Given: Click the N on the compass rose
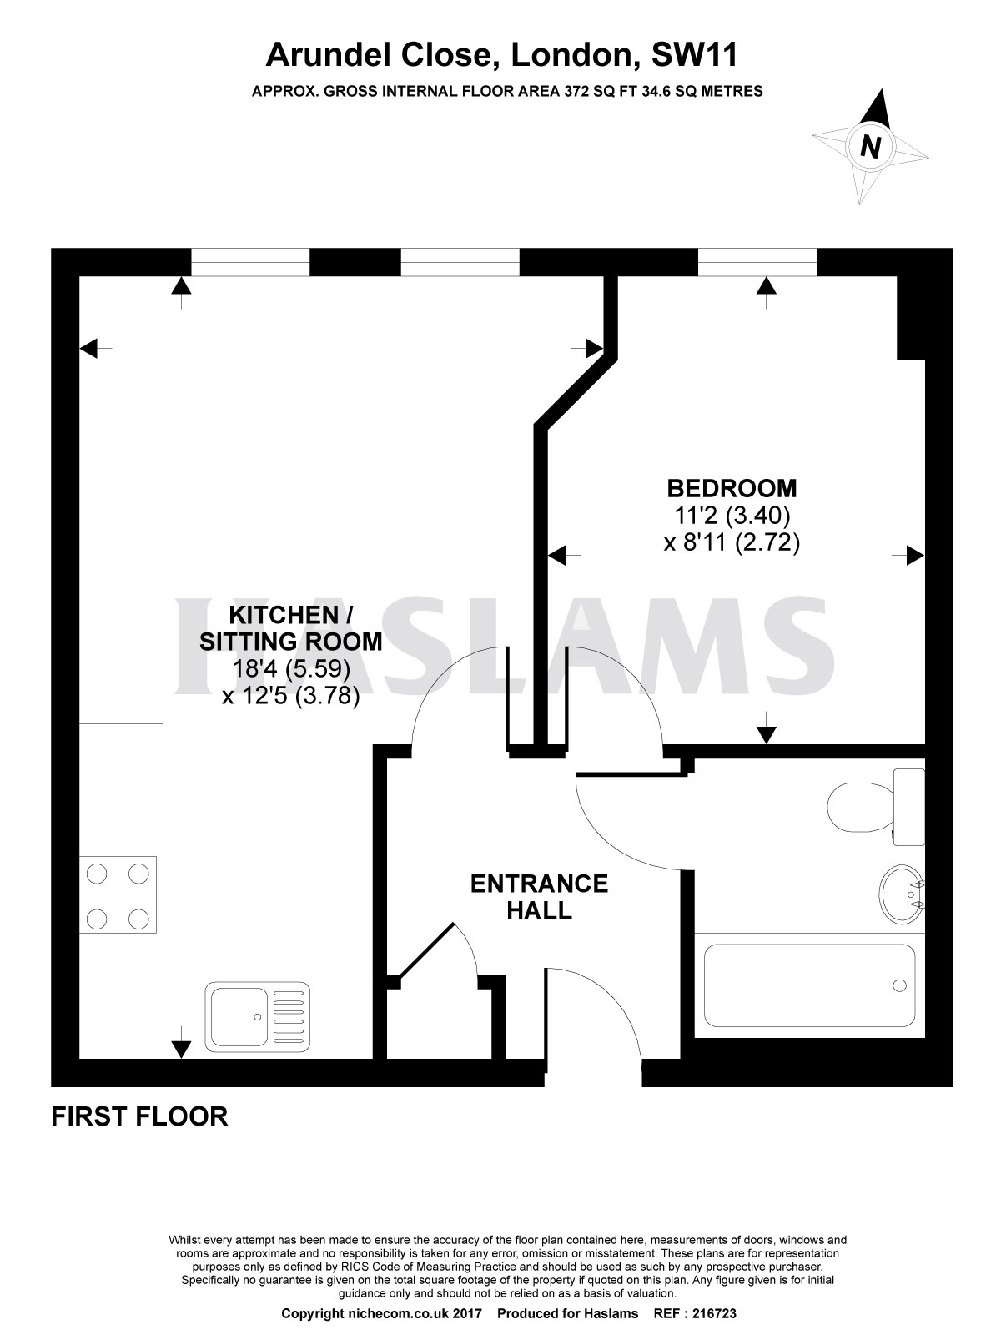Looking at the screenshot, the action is click(870, 148).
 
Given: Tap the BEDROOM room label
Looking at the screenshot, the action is click(731, 487).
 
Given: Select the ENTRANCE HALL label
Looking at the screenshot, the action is click(539, 896).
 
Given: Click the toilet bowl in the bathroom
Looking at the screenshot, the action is click(855, 807).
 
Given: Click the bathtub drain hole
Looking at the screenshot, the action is click(898, 985).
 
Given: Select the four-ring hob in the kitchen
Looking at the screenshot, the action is click(118, 895).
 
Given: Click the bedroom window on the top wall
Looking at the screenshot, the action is click(757, 262).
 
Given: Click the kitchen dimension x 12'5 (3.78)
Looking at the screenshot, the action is click(291, 696).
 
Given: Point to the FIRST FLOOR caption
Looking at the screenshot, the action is click(139, 1116).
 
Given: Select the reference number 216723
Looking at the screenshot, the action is click(710, 1313).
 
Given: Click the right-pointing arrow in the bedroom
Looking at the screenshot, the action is click(913, 555).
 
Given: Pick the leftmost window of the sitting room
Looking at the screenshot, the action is click(250, 262).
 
